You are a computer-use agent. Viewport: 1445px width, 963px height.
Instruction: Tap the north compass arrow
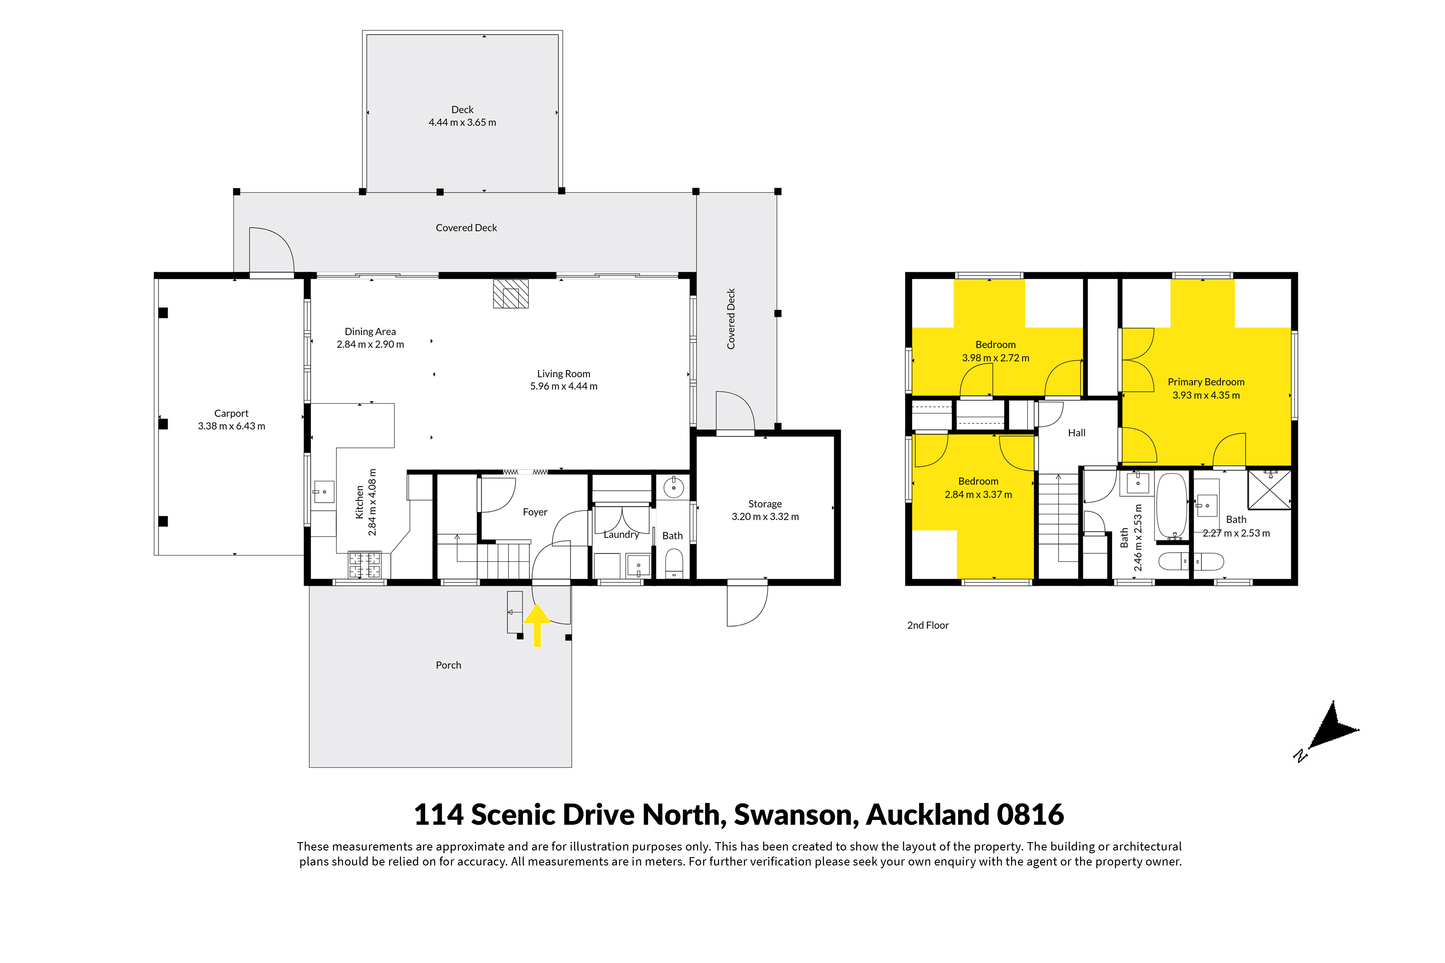coord(1331,731)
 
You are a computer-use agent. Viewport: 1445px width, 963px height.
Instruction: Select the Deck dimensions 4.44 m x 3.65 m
coord(462,122)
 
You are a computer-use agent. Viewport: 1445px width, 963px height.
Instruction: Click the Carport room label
coord(231,413)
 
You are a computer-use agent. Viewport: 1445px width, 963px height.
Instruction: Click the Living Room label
coord(564,373)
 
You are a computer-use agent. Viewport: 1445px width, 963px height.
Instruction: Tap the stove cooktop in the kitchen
coord(364,564)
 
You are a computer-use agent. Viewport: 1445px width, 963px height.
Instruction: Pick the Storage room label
coord(765,504)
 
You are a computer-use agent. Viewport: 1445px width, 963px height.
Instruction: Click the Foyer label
coord(535,512)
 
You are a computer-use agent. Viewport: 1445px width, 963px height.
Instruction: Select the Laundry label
coord(621,534)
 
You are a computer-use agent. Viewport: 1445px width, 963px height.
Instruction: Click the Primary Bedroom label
coord(1206,382)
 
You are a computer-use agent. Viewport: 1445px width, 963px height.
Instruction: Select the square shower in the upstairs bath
coord(1269,489)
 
